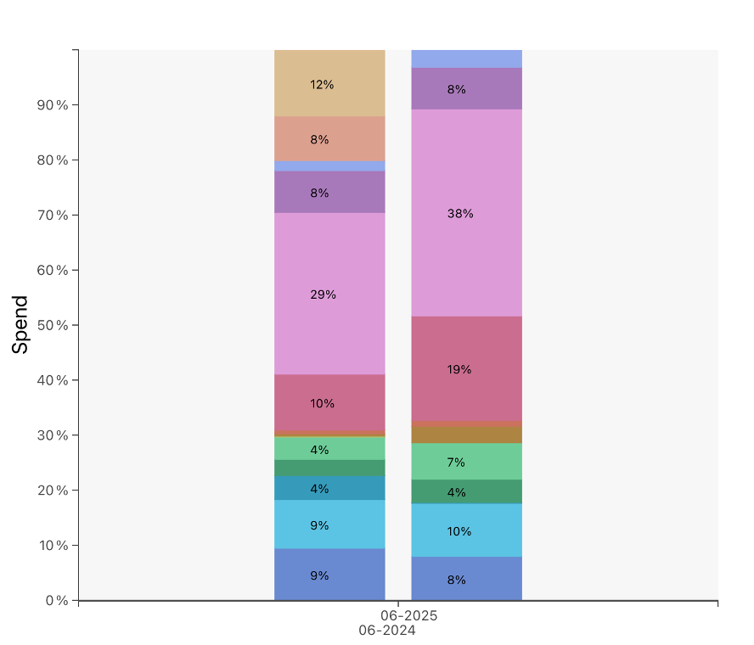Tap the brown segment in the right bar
[x=466, y=433]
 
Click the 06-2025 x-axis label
[x=409, y=615]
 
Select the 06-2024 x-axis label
[x=387, y=631]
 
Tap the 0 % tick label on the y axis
[x=56, y=601]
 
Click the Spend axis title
[x=20, y=324]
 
